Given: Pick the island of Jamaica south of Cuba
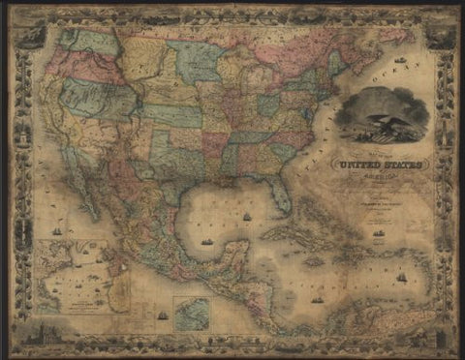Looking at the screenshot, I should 312,258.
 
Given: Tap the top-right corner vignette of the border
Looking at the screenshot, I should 442,34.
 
